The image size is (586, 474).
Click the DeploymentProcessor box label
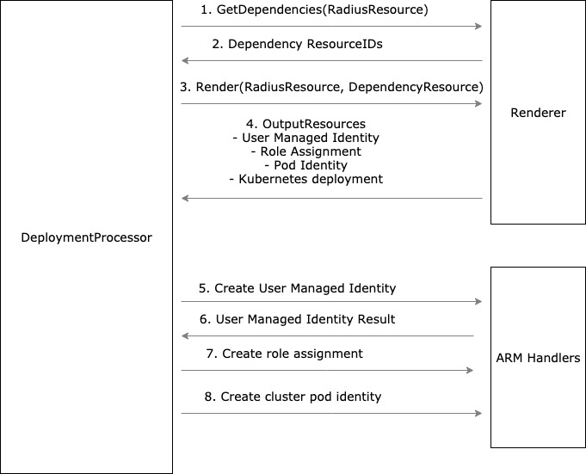click(x=86, y=237)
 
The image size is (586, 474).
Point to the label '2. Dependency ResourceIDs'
click(x=305, y=45)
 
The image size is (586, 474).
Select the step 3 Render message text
click(x=331, y=87)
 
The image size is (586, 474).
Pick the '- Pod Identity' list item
click(x=305, y=165)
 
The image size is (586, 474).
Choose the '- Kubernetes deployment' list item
click(x=305, y=179)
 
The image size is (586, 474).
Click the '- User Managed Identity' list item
click(x=305, y=138)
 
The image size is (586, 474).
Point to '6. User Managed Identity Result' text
click(x=297, y=319)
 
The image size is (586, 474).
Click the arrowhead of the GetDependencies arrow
click(x=478, y=27)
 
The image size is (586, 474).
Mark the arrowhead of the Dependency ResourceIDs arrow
click(x=185, y=61)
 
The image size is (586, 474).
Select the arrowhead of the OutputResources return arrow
click(x=185, y=199)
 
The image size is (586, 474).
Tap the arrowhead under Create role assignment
click(x=470, y=371)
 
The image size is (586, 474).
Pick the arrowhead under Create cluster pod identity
click(x=478, y=414)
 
